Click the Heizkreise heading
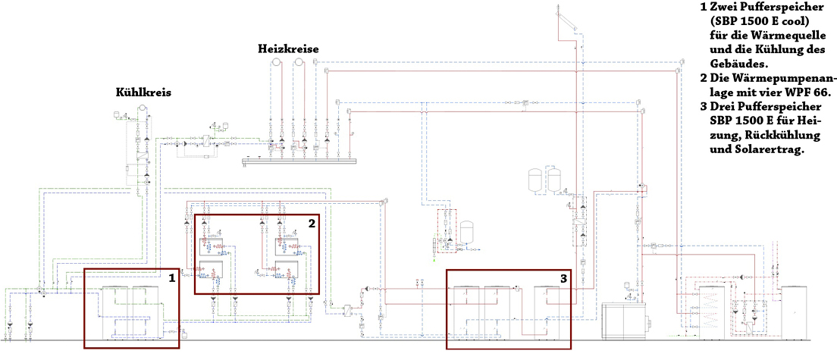click(288, 49)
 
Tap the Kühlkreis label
click(143, 92)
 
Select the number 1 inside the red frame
click(171, 277)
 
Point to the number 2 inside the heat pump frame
click(311, 223)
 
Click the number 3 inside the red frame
click(564, 278)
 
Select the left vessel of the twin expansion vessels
click(534, 180)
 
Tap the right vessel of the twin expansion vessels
click(553, 180)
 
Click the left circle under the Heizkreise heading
click(277, 62)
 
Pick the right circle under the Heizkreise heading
click(299, 62)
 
